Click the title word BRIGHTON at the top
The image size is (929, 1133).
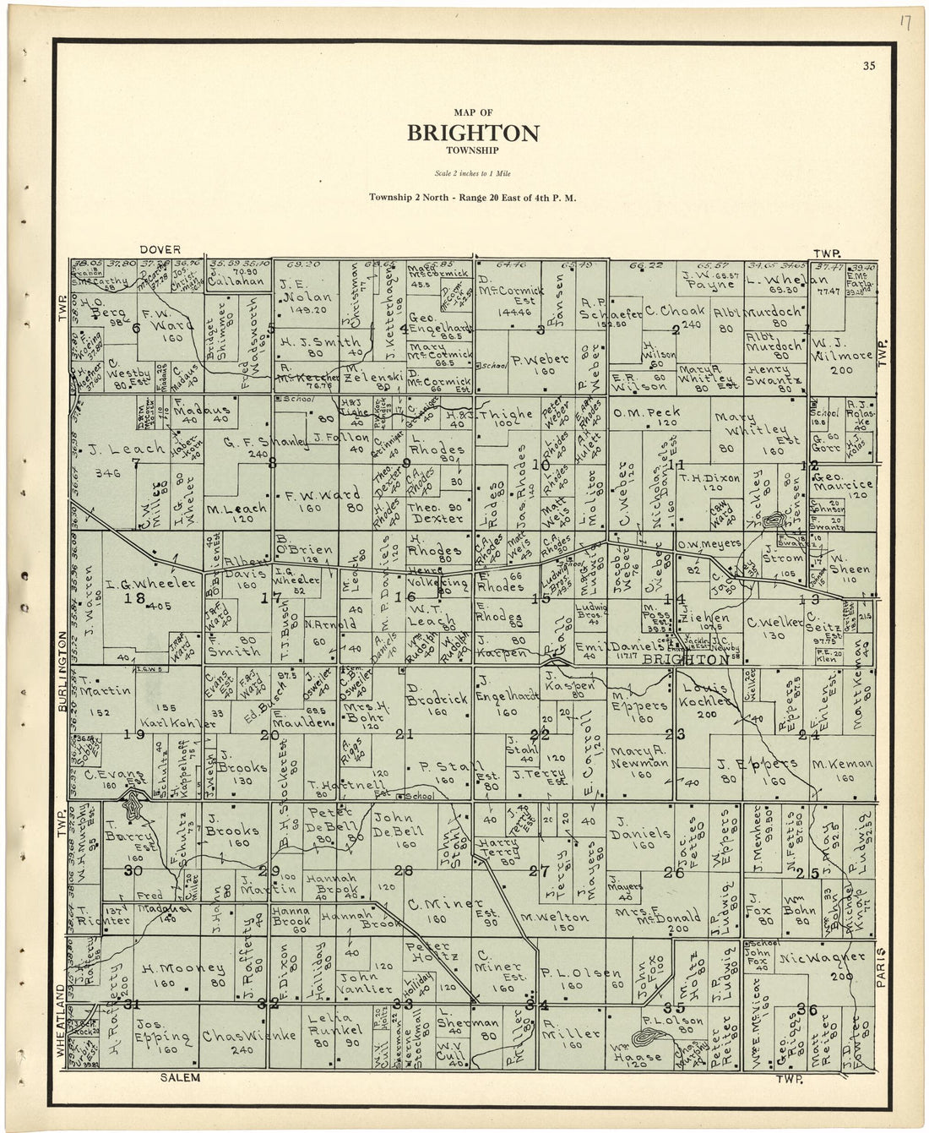(473, 133)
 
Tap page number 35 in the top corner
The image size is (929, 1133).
(869, 66)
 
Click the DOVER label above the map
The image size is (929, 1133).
(160, 249)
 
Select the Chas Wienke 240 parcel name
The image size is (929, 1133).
(236, 1036)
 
